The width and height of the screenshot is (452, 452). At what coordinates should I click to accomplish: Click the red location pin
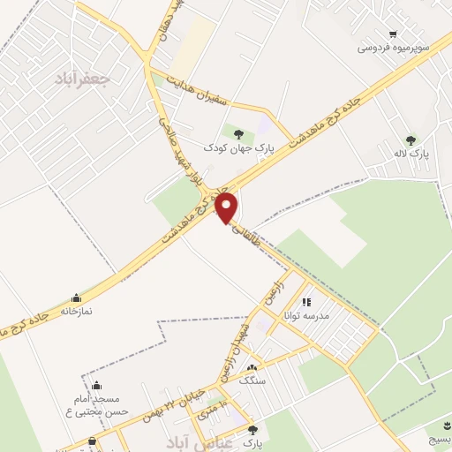(x=227, y=207)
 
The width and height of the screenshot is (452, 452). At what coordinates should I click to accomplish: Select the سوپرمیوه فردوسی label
(x=393, y=47)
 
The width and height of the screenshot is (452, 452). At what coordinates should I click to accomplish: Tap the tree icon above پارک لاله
(x=411, y=139)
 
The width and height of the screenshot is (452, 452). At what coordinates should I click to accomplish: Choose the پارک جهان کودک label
(x=239, y=148)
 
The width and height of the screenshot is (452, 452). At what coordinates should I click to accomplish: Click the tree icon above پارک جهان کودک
(x=239, y=134)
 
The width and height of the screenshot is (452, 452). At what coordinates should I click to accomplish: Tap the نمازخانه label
(x=77, y=312)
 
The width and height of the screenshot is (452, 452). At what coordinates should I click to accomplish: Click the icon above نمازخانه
(x=76, y=298)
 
